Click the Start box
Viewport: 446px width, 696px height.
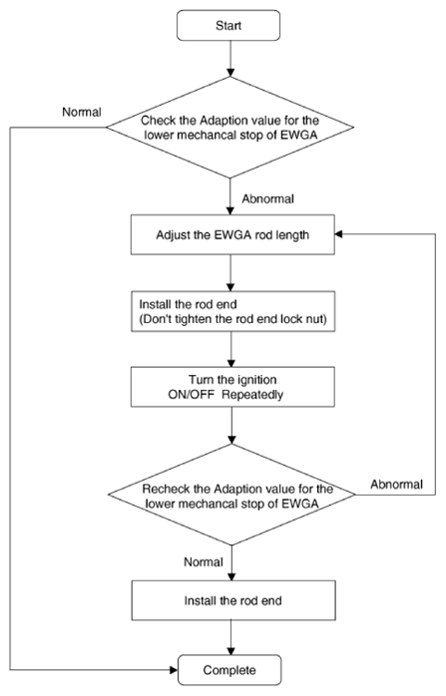click(x=228, y=25)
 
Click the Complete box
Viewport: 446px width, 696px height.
click(x=229, y=670)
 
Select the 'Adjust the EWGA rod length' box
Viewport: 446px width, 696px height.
click(x=232, y=234)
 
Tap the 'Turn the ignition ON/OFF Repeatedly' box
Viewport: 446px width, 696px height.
click(x=232, y=387)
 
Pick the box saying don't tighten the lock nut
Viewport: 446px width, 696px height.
click(x=232, y=311)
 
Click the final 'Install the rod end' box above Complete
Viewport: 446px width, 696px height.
click(x=233, y=600)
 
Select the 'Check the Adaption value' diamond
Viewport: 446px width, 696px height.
click(x=229, y=128)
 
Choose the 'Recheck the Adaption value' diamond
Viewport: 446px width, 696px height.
click(x=231, y=495)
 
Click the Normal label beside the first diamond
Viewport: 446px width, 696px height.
click(x=82, y=112)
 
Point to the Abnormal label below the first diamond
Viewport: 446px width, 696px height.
click(x=267, y=198)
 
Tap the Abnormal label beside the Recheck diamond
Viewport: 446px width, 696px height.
click(x=397, y=484)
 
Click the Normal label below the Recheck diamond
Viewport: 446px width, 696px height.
click(x=204, y=562)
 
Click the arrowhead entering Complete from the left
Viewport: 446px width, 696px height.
click(x=174, y=669)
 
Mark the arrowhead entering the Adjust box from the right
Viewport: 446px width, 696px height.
click(x=339, y=234)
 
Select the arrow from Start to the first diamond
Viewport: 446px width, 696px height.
click(x=230, y=59)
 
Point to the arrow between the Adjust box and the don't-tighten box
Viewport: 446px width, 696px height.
click(x=230, y=273)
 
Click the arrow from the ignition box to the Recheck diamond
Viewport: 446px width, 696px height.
click(x=231, y=425)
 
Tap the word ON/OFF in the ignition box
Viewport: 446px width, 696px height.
click(x=191, y=394)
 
